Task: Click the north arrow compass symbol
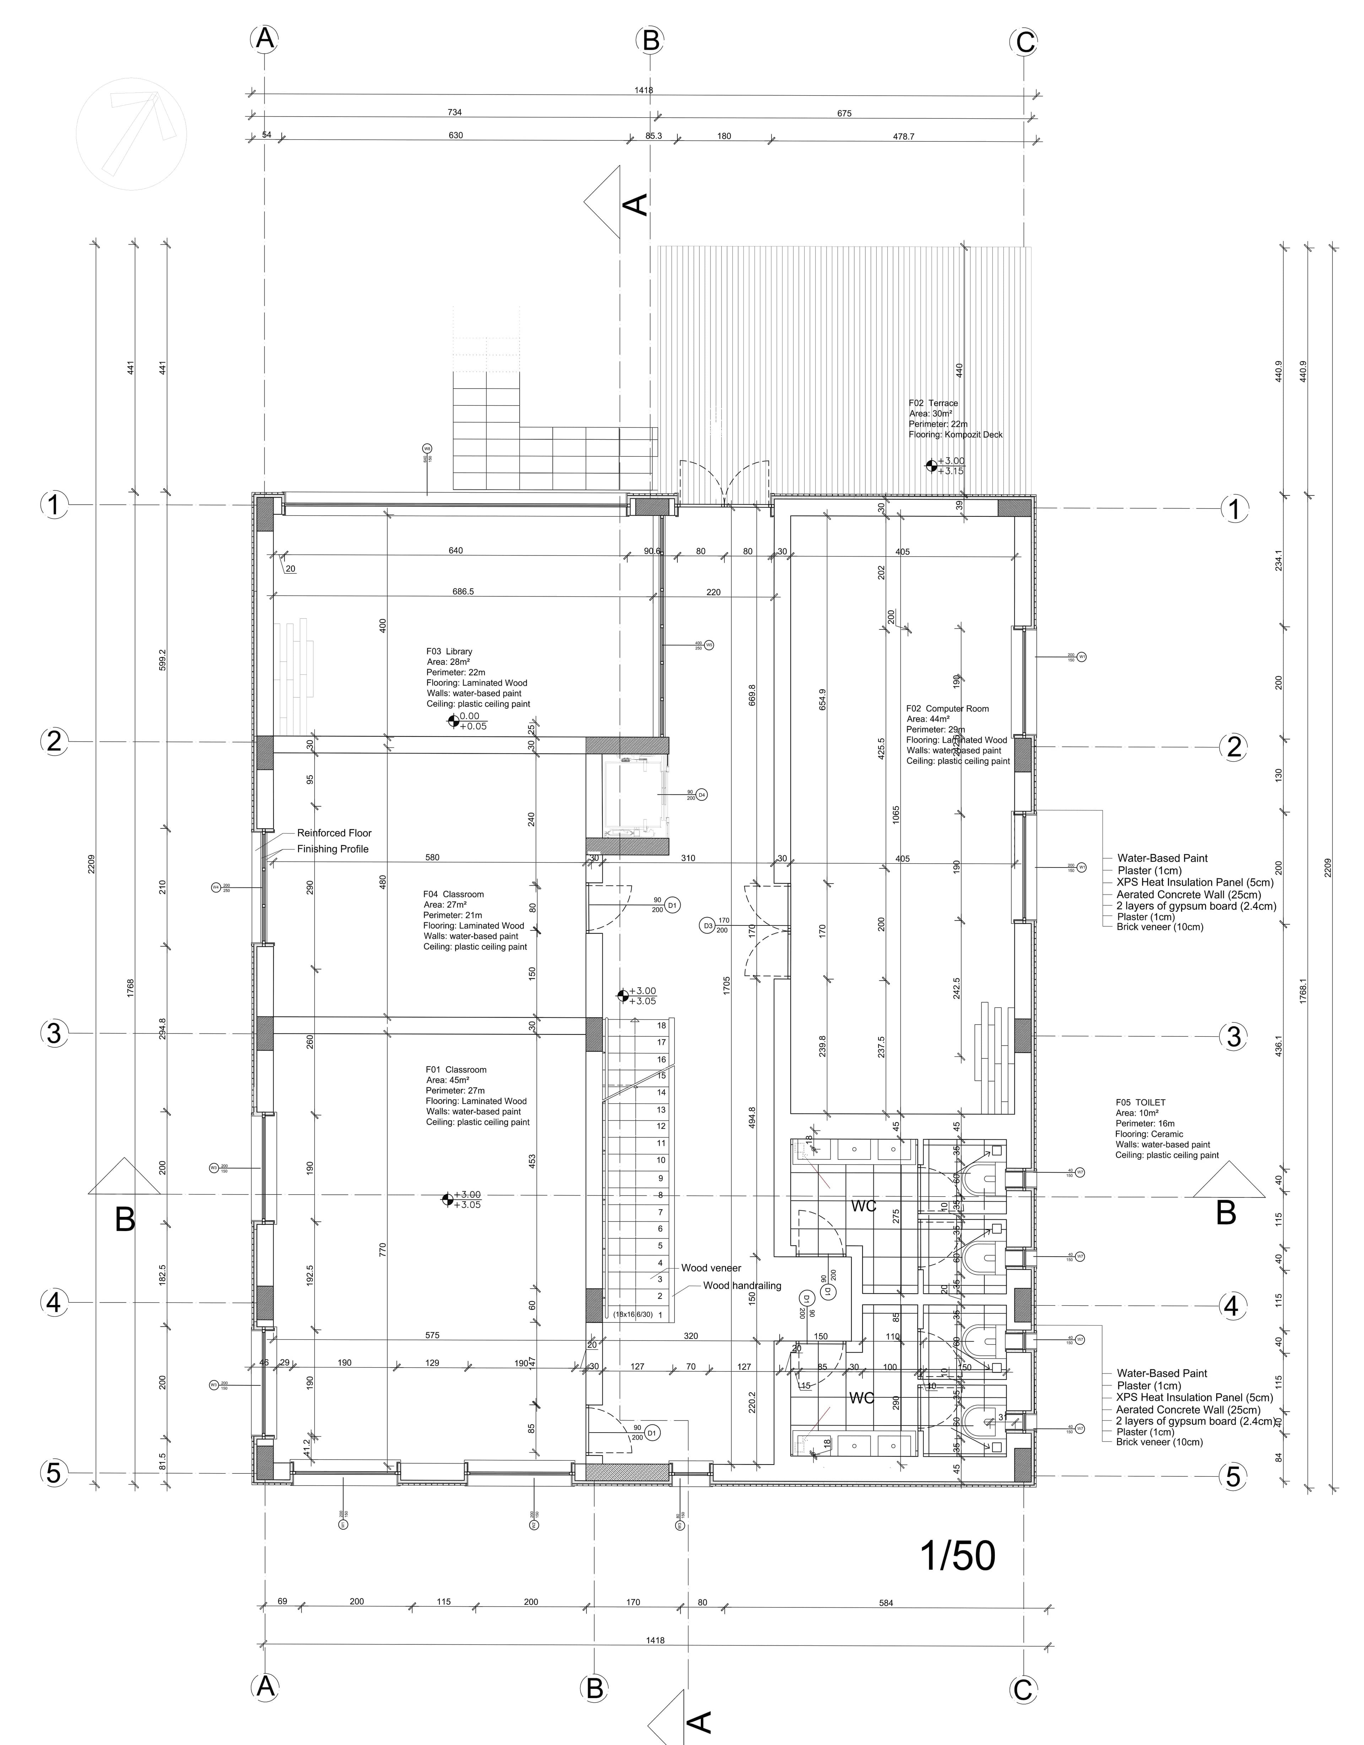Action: (132, 133)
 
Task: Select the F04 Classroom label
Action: (453, 894)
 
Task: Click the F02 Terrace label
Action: (933, 403)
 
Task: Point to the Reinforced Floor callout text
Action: (334, 833)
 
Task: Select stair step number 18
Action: (661, 1025)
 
